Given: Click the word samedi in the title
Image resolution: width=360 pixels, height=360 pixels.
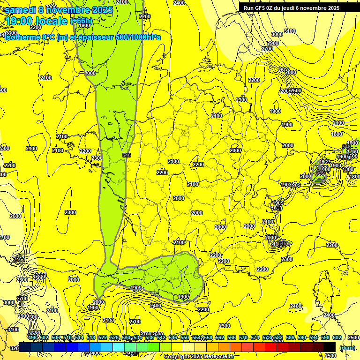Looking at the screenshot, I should click(21, 10).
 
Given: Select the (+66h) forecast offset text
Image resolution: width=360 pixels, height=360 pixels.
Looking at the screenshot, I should click(81, 21).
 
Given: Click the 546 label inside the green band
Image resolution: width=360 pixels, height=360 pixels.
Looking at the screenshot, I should click(126, 155).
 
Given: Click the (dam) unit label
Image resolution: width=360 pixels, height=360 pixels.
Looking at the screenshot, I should click(347, 348).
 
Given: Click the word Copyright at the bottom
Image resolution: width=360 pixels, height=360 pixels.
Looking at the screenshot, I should click(177, 357).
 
